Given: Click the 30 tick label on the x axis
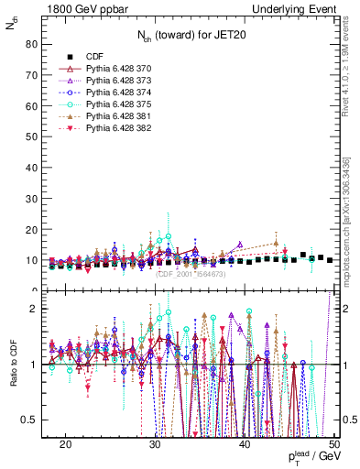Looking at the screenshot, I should click(x=155, y=442).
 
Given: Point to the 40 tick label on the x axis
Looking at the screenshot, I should click(x=245, y=442).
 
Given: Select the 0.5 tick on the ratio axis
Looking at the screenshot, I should click(x=27, y=420).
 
